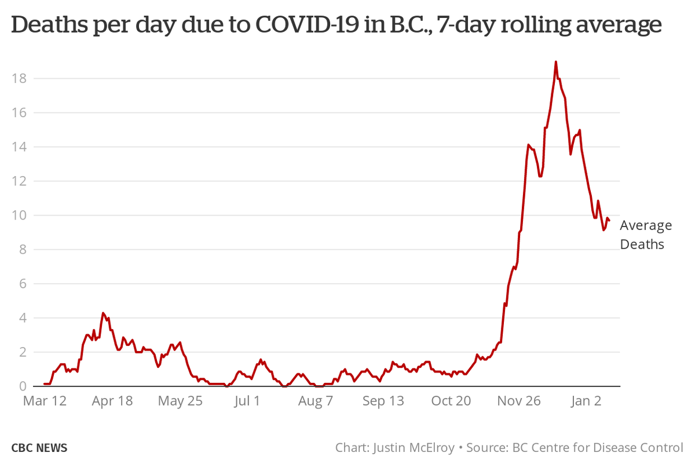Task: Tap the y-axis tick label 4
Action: [x=23, y=318]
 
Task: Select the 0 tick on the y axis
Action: [x=23, y=386]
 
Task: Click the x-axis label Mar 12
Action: [x=45, y=401]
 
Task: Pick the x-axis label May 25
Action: [x=180, y=401]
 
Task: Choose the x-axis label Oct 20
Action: [x=451, y=401]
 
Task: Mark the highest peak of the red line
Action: [x=556, y=61]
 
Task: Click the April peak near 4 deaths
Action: [x=103, y=313]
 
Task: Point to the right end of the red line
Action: [x=609, y=220]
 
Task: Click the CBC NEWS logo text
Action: [x=39, y=448]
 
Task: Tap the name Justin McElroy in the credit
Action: [x=412, y=448]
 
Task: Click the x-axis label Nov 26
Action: [x=518, y=401]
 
